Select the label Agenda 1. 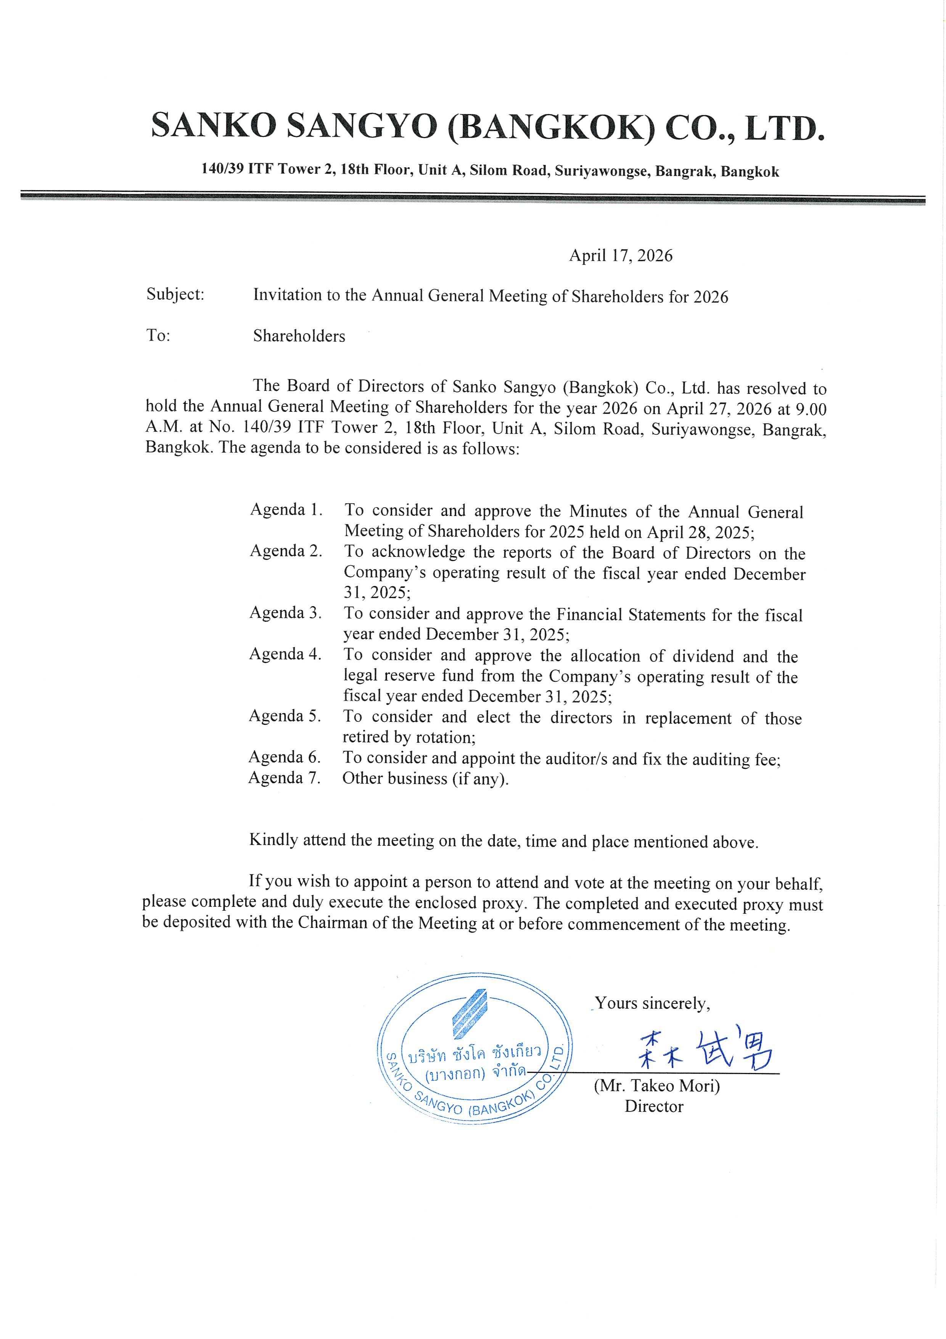pos(286,509)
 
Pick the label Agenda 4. pos(285,654)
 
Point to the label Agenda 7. pos(285,778)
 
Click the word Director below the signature pos(653,1106)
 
